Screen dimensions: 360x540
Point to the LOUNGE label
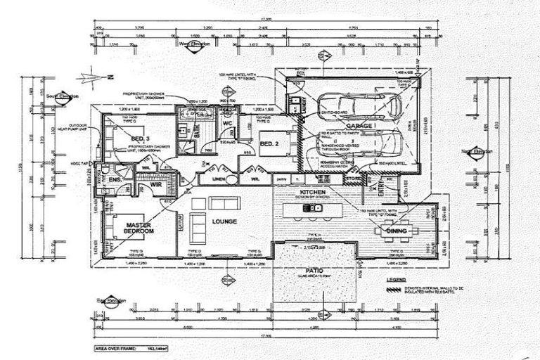[x=224, y=221]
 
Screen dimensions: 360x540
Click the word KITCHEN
[x=311, y=191]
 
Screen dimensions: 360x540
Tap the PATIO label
[x=313, y=269]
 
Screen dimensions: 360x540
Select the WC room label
[x=227, y=124]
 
